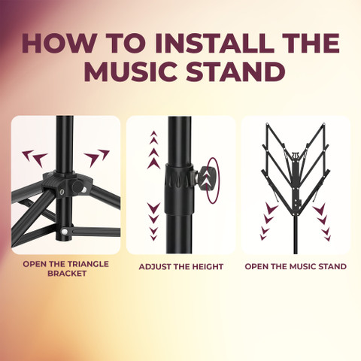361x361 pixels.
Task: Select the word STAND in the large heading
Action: (x=235, y=71)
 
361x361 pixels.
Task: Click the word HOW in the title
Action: (x=59, y=43)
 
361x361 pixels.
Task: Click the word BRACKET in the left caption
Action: (x=67, y=273)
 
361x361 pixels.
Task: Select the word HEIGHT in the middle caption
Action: (x=205, y=267)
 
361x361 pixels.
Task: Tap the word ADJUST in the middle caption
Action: (x=156, y=267)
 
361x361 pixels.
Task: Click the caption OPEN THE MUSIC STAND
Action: (x=296, y=266)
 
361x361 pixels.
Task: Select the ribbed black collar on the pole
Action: (x=180, y=189)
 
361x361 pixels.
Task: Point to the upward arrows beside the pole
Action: (x=153, y=150)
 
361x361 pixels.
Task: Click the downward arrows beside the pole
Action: (x=153, y=222)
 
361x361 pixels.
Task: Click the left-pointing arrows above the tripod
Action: (x=35, y=158)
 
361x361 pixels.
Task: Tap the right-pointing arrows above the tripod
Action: (x=97, y=158)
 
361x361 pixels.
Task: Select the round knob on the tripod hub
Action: (x=78, y=187)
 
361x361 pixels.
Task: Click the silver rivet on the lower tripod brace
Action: (x=65, y=232)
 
